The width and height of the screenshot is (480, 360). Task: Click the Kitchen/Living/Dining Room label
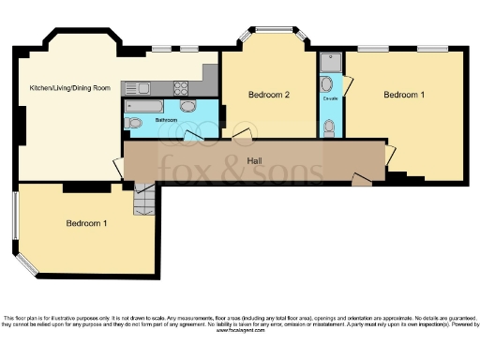(x=70, y=87)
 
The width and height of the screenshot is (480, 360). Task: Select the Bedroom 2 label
(x=268, y=95)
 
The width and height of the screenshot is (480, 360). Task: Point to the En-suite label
(x=330, y=97)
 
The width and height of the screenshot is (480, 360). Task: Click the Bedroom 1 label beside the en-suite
(x=404, y=95)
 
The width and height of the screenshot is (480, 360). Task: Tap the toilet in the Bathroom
(x=134, y=123)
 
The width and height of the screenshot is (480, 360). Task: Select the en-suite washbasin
(x=325, y=83)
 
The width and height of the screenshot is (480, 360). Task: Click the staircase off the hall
(x=143, y=200)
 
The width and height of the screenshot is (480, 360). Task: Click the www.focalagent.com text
(x=240, y=331)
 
